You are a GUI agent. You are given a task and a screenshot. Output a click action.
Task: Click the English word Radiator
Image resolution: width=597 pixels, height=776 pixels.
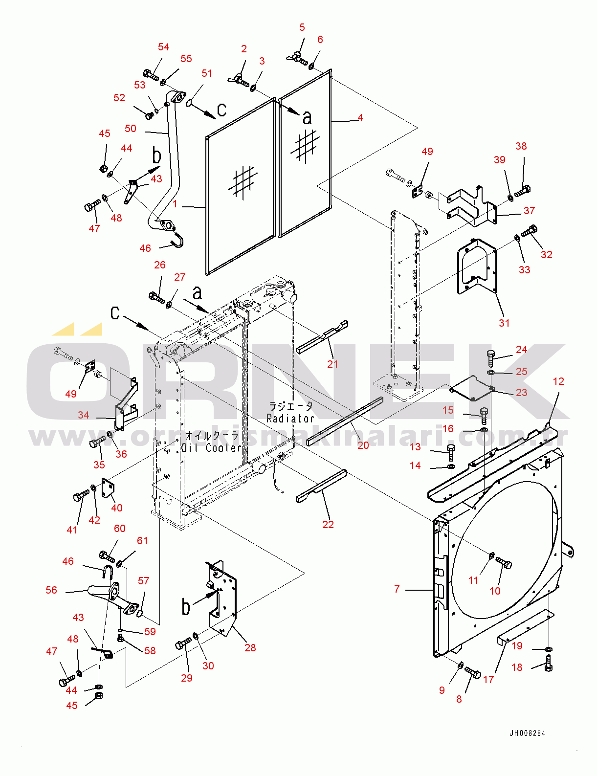(x=290, y=418)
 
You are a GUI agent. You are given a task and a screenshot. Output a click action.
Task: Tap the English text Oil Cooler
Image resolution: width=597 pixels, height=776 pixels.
(x=211, y=447)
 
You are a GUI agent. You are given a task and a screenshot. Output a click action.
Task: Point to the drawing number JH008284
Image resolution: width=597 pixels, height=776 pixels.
(x=527, y=733)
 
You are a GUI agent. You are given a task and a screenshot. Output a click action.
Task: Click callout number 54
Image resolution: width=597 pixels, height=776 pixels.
(x=163, y=47)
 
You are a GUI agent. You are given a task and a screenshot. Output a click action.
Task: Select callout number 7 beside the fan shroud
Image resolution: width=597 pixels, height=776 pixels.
(x=397, y=589)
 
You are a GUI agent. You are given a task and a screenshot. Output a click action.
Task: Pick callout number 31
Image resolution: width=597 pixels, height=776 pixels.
(x=504, y=323)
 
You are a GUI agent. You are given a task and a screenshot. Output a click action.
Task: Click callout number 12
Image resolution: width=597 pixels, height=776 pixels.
(x=558, y=381)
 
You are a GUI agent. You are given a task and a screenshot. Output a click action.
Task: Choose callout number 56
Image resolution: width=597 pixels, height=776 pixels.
(x=51, y=590)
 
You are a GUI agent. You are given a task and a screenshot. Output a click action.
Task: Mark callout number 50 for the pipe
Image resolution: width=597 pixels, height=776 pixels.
(x=131, y=129)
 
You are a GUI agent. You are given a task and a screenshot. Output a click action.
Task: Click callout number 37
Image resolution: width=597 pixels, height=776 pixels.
(x=529, y=211)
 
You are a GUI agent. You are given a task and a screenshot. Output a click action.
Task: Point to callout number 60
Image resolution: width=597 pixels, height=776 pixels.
(x=120, y=529)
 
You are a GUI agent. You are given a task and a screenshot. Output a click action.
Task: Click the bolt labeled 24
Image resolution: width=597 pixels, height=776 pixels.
(x=490, y=359)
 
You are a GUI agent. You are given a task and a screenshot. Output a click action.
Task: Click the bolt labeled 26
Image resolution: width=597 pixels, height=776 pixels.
(x=157, y=297)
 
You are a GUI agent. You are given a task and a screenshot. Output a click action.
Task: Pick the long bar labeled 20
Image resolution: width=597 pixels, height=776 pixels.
(x=345, y=421)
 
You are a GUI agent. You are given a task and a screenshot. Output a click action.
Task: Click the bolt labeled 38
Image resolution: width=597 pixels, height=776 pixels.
(x=522, y=190)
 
